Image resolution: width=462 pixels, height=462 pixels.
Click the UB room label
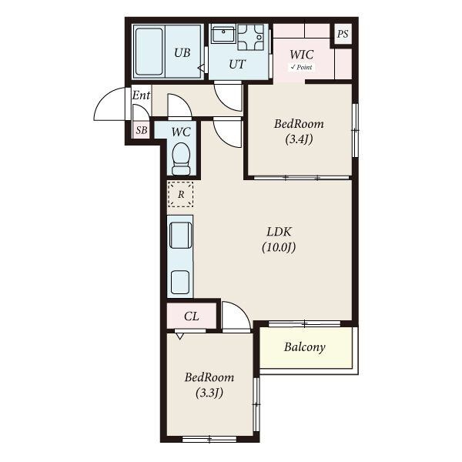(x=182, y=52)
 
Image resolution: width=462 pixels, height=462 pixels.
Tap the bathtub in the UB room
(x=149, y=52)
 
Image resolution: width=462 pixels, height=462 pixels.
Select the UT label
(x=237, y=64)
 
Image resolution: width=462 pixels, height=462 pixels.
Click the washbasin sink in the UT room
(x=223, y=35)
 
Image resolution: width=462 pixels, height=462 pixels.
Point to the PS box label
(x=343, y=34)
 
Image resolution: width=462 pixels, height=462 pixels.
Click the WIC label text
(x=301, y=55)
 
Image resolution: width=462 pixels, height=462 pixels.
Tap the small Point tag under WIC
(x=301, y=67)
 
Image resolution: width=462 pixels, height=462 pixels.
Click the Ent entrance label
(x=141, y=95)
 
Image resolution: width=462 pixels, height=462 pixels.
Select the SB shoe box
(x=142, y=130)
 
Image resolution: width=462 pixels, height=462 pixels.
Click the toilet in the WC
(x=181, y=159)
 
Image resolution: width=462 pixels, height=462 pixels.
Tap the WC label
(x=181, y=132)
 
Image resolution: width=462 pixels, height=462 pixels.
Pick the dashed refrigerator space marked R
(x=181, y=194)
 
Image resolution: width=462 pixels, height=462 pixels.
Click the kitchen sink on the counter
(x=181, y=235)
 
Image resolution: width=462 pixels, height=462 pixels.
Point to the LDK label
(x=279, y=232)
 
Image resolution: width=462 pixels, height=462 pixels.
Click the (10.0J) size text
(x=279, y=247)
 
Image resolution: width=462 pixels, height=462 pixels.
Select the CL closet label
(x=192, y=316)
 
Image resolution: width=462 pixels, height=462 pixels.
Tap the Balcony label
(x=305, y=347)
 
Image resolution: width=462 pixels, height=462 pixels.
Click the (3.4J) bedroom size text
(x=299, y=139)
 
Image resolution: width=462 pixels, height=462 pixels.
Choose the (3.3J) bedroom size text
(x=209, y=393)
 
